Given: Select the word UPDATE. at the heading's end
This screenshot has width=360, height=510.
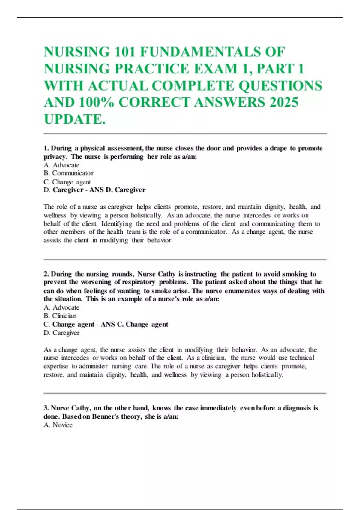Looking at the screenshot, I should [x=75, y=119].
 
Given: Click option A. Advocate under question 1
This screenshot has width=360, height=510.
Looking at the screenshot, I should [x=61, y=165].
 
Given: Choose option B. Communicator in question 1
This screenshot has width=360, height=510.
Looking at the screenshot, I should [x=68, y=173].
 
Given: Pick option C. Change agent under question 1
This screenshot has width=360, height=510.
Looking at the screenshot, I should [x=67, y=182].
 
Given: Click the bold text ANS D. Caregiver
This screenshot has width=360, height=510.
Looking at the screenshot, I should [x=118, y=190].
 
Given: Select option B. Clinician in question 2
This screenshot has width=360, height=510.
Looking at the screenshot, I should [x=60, y=316].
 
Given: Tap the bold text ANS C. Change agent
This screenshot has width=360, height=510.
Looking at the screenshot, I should [x=134, y=324].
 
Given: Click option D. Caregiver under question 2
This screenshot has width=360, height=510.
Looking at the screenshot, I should [x=61, y=333].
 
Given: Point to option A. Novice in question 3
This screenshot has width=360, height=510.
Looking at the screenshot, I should [x=58, y=425].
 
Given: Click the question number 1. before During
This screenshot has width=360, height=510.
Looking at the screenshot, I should [x=46, y=148].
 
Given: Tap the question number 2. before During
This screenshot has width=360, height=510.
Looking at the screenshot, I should [x=46, y=274].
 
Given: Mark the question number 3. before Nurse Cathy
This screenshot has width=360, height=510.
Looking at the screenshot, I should [x=46, y=408].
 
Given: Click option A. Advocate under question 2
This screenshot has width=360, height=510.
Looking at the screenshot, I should [x=61, y=307].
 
